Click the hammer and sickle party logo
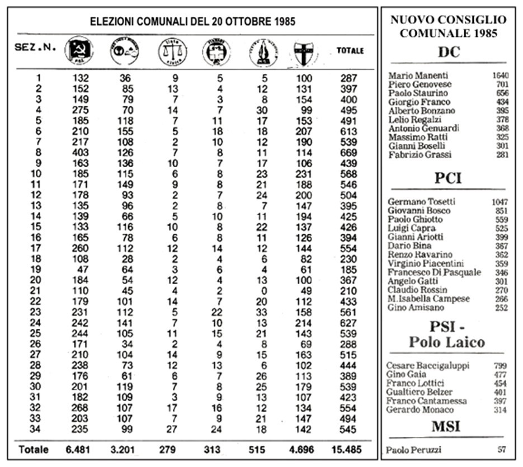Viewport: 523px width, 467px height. tap(79, 51)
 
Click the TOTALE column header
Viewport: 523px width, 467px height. tap(350, 50)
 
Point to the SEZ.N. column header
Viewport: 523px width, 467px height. tap(35, 48)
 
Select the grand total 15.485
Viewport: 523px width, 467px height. tap(347, 450)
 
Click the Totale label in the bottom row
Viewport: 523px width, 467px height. tap(34, 450)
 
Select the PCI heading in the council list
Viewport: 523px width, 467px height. tap(448, 179)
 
